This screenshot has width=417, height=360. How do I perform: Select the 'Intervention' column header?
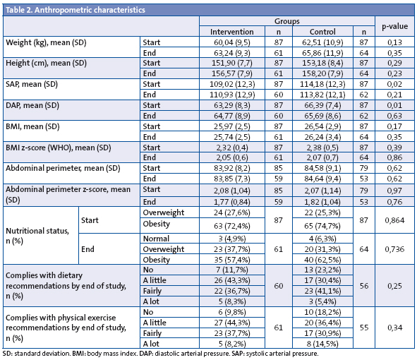point(225,32)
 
